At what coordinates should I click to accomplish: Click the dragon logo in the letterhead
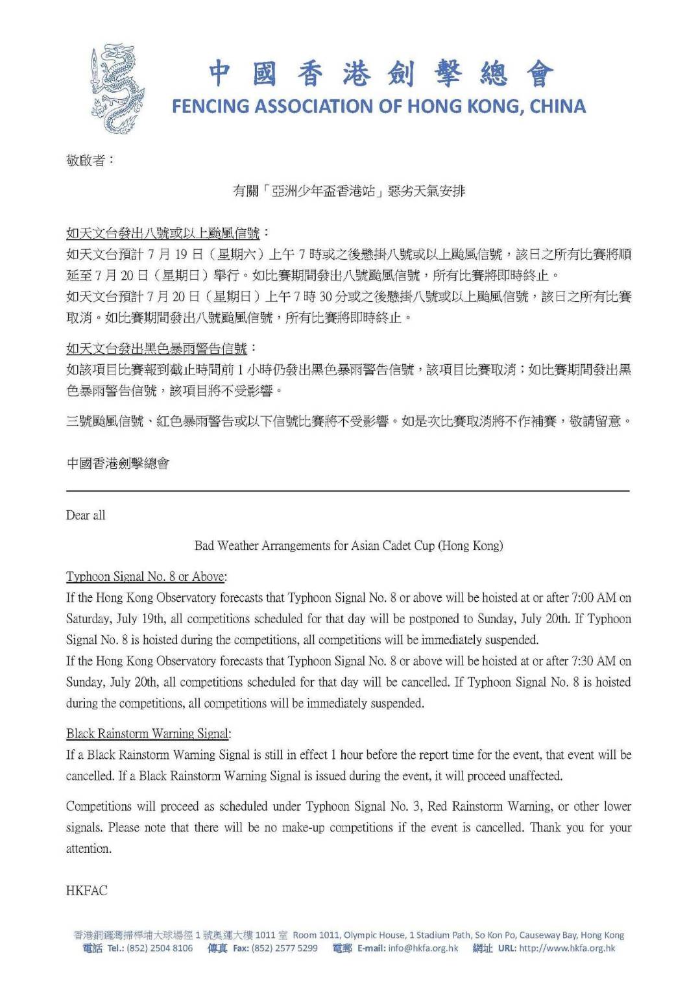117,88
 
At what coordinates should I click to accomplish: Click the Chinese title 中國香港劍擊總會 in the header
381,74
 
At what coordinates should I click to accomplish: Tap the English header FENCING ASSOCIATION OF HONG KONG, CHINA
379,106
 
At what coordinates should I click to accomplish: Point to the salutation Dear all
86,515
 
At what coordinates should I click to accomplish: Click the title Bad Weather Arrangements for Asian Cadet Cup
348,546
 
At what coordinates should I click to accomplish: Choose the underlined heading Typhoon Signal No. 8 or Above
146,576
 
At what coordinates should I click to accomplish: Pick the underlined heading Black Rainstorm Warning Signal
148,734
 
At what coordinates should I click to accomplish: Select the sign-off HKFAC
87,891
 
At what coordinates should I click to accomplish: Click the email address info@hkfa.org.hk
423,948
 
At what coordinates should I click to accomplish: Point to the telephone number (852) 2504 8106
164,948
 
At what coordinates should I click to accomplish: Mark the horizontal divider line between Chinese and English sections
348,491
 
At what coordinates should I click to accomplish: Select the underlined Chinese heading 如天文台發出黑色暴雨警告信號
157,349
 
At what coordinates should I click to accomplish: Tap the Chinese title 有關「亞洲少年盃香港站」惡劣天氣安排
349,191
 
